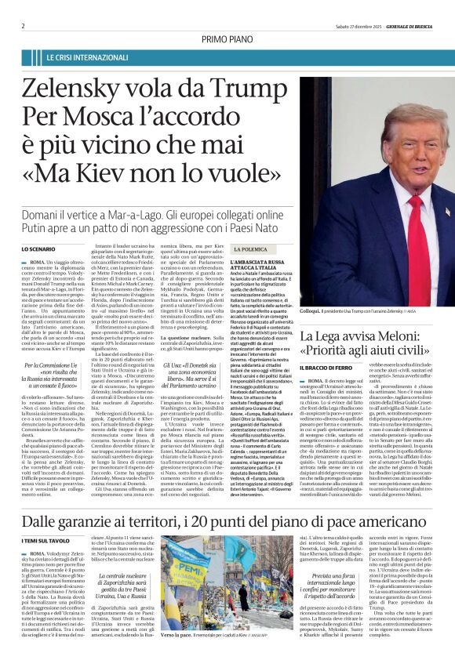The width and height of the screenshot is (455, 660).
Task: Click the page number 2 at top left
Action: pyautogui.click(x=24, y=26)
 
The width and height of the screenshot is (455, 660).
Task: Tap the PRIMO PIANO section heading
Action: pyautogui.click(x=227, y=39)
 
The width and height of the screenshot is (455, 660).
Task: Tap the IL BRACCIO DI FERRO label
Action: pyautogui.click(x=330, y=368)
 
